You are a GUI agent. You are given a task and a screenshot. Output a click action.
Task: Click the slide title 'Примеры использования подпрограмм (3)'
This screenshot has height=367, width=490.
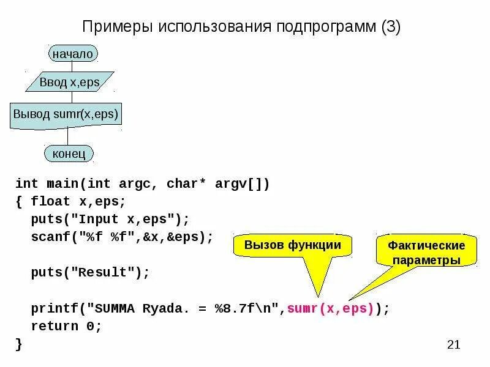tap(241, 27)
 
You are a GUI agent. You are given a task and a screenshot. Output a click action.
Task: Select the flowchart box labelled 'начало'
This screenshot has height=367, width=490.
tap(72, 54)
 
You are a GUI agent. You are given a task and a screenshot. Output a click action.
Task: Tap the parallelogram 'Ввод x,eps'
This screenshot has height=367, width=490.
tap(69, 82)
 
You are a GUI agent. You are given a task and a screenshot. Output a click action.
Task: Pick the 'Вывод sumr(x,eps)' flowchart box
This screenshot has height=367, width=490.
tap(66, 114)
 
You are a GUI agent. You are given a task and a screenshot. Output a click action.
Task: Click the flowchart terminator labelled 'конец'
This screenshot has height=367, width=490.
tap(69, 153)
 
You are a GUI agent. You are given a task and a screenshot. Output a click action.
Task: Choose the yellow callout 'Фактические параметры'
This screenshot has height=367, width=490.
tap(426, 253)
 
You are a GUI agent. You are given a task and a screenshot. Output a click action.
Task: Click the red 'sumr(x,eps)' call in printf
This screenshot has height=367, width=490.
tap(330, 308)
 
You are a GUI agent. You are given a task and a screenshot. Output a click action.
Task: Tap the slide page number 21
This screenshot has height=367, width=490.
tap(453, 345)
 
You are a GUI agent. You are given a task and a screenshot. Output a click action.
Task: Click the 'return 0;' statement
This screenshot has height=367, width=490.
tap(66, 327)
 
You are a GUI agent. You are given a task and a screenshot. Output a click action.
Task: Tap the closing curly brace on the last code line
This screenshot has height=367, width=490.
tap(19, 344)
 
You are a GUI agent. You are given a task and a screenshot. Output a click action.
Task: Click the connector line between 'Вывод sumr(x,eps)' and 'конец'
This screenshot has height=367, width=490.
tap(67, 136)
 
